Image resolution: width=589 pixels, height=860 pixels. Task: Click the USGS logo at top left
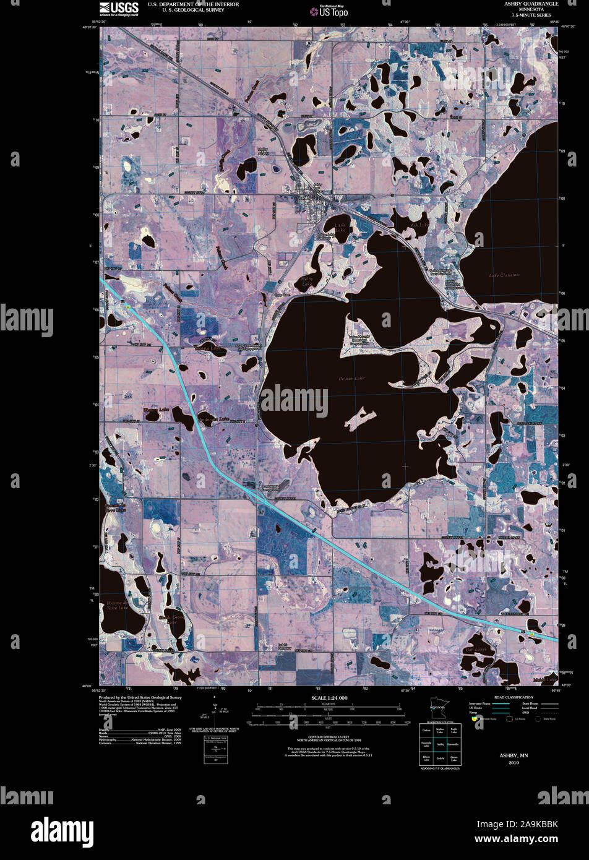click(x=119, y=8)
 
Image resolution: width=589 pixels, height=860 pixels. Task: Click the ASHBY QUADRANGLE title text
click(x=531, y=4)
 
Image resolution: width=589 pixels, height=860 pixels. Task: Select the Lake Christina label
click(x=504, y=275)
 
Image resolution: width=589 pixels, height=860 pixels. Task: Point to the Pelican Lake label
click(x=351, y=378)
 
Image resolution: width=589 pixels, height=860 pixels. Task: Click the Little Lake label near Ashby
click(x=340, y=227)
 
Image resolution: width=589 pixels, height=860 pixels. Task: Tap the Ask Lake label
click(x=419, y=225)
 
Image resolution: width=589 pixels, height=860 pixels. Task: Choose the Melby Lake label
click(x=307, y=282)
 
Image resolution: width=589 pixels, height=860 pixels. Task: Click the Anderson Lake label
click(x=215, y=419)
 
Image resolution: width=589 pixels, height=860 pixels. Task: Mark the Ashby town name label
click(x=307, y=198)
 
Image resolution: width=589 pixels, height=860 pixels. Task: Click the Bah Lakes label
click(x=477, y=650)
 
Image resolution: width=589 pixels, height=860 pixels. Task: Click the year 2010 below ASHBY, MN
click(x=514, y=763)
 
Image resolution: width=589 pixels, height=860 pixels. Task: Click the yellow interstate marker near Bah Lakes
click(x=531, y=634)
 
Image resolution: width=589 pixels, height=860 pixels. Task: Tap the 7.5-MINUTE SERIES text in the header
click(x=531, y=15)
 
